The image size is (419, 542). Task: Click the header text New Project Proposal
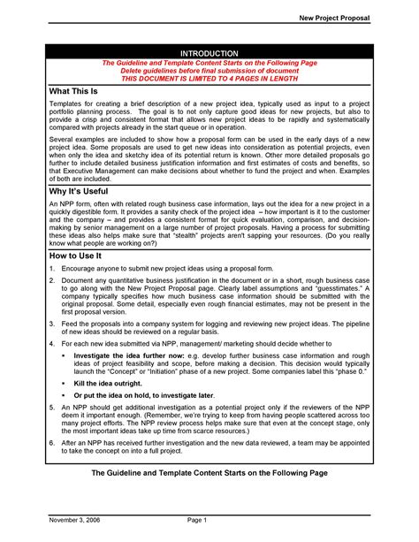(x=334, y=18)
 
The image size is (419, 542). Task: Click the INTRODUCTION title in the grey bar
(x=209, y=54)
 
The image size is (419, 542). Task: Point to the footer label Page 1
(x=197, y=523)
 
